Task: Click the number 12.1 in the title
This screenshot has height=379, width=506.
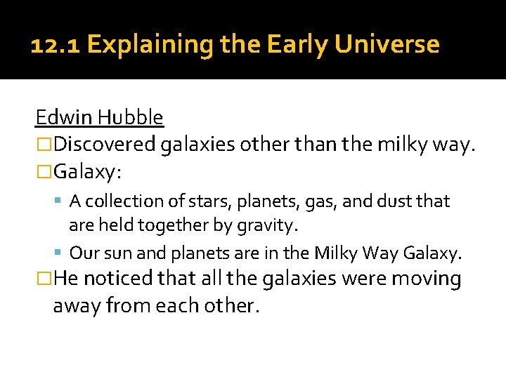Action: coord(56,45)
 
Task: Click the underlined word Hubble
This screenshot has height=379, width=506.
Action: coord(131,117)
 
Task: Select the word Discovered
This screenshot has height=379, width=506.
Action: coord(105,145)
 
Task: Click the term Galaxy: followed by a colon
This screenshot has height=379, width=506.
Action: coord(88,172)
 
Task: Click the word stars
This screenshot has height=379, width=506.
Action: coord(195,201)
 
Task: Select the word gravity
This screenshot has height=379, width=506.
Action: coord(271,225)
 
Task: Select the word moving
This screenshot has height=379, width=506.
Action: coord(427,279)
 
